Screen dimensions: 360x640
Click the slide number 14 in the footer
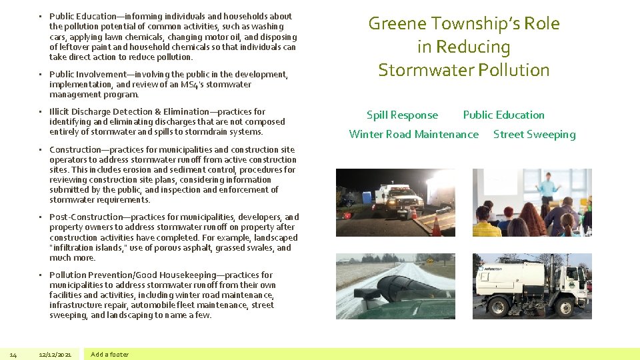click(x=13, y=354)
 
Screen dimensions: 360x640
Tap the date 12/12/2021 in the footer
click(x=55, y=354)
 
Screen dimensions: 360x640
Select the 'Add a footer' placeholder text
click(x=110, y=354)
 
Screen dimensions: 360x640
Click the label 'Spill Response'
click(x=402, y=115)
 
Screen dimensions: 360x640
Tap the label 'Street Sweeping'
click(x=534, y=134)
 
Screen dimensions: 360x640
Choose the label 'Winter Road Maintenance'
click(x=413, y=134)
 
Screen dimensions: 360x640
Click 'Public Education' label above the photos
click(x=503, y=115)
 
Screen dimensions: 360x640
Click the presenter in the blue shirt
click(x=547, y=187)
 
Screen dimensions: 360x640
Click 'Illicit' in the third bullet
click(x=60, y=111)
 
